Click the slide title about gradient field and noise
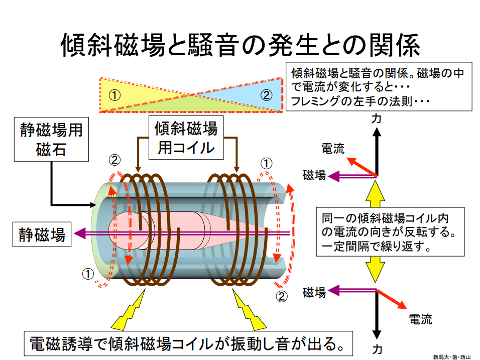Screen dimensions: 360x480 pos(239,45)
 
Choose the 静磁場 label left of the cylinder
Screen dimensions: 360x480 pos(42,234)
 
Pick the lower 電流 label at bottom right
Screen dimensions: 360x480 pos(420,319)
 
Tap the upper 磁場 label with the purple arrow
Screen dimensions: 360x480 pos(314,175)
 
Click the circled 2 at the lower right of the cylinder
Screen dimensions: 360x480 pos(282,296)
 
